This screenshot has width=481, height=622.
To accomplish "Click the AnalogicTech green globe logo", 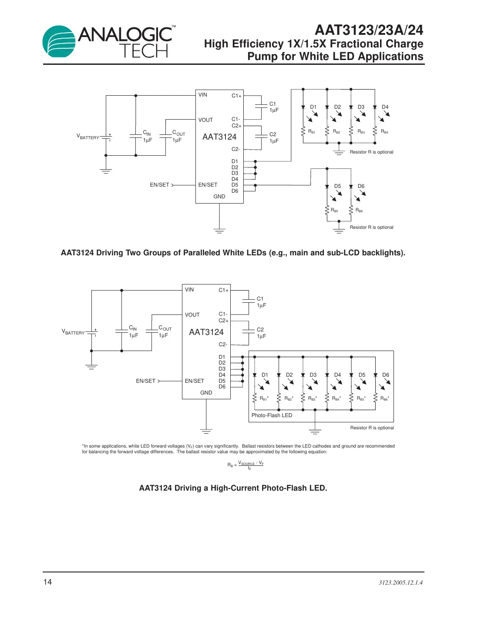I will pos(59,42).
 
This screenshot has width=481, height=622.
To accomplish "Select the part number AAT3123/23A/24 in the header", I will pos(369,30).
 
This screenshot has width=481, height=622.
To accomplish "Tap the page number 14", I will pos(47,582).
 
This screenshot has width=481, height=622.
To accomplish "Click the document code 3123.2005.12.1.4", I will pos(400,582).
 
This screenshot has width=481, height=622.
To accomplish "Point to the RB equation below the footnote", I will pos(246,465).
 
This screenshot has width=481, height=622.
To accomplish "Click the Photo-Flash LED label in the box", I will pos(272,415).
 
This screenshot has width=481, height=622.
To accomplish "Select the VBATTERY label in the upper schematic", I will pos(88,137).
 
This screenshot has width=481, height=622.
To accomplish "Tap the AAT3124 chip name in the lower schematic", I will pos(206,332).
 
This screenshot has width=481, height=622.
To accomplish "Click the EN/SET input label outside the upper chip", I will pos(159,185).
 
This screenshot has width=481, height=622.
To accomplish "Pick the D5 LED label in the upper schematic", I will pos(337,186).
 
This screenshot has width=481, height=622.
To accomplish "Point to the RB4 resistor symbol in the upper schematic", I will pos(375,131).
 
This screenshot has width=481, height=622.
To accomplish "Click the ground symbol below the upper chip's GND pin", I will pos(219,231).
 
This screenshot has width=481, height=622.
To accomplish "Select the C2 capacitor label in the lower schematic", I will pos(260,330).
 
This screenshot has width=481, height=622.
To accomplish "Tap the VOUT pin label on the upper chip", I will pos(205,120).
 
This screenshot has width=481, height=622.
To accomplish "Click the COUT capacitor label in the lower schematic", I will pos(165,328).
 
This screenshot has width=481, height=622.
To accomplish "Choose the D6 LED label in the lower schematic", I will pos(386,375).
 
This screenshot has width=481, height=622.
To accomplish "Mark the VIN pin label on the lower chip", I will pos(189,290).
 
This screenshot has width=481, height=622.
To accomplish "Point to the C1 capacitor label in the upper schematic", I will pos(273,104).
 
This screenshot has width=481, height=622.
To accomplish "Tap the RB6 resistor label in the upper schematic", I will pos(359,211).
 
